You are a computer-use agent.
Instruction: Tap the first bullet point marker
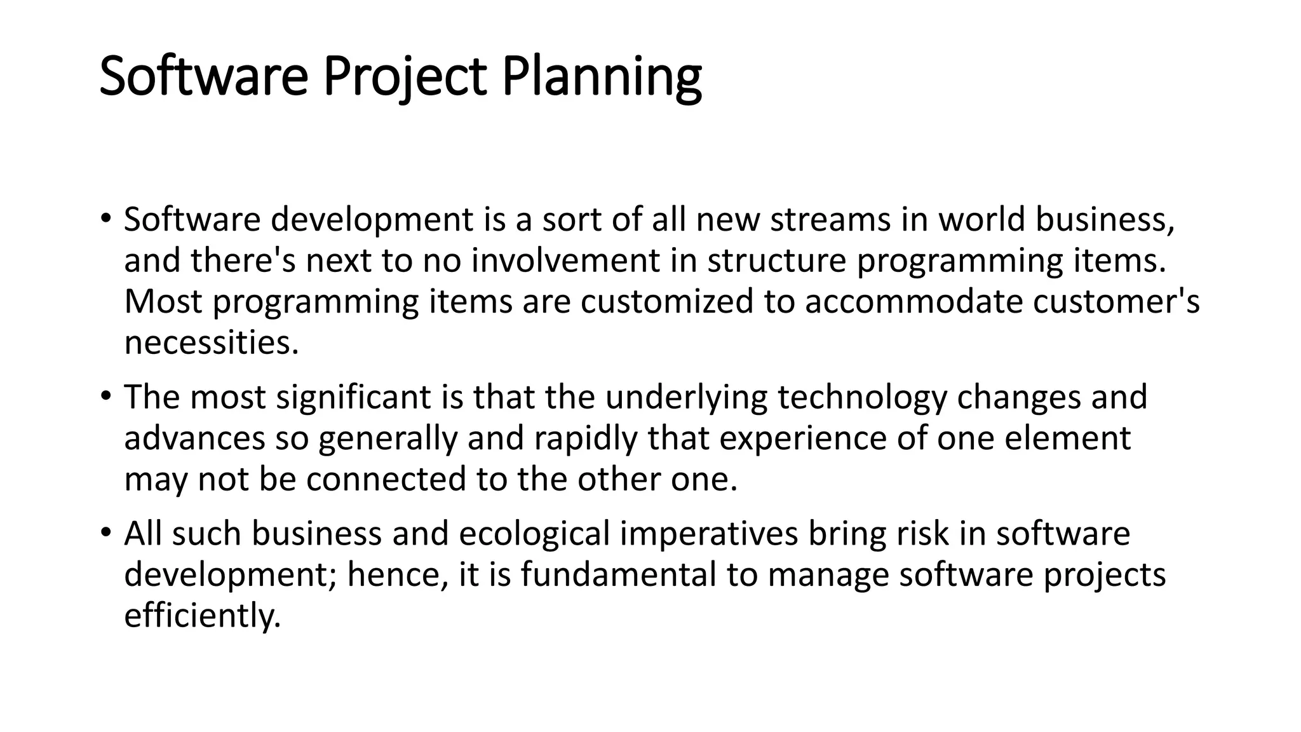click(x=105, y=219)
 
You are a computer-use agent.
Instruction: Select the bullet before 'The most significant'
click(x=105, y=396)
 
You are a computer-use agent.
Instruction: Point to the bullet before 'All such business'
click(x=105, y=532)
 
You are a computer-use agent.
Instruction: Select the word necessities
click(x=211, y=342)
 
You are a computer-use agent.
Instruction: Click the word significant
click(x=354, y=397)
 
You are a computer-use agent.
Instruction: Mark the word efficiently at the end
click(x=202, y=615)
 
